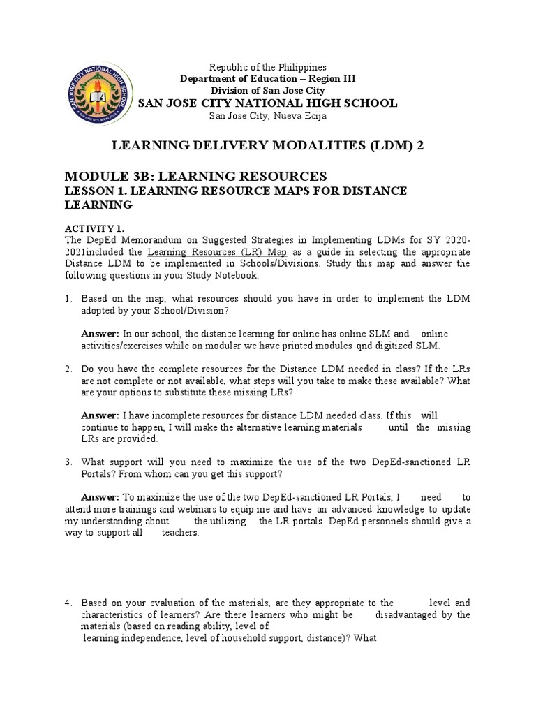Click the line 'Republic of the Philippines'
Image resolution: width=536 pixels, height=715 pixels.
click(x=269, y=67)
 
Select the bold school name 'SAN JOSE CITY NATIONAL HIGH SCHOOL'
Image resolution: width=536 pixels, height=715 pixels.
click(x=268, y=103)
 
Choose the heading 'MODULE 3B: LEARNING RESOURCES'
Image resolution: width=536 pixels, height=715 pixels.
click(x=195, y=176)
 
